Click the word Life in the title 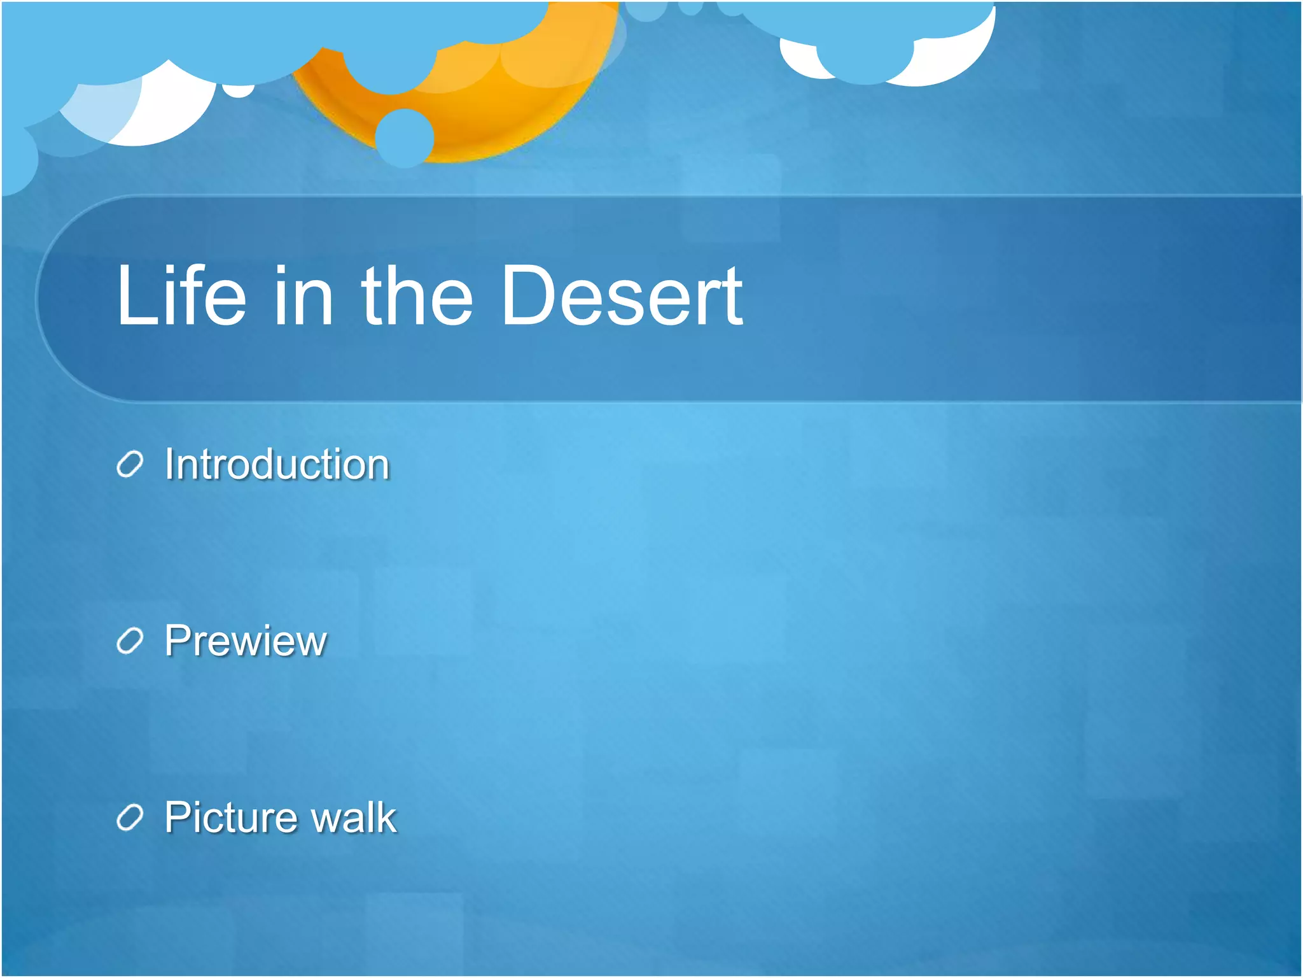click(x=181, y=296)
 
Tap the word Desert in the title click(x=622, y=296)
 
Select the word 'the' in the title click(x=417, y=296)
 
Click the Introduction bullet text click(x=277, y=464)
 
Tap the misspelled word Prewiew click(x=246, y=641)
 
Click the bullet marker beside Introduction click(x=130, y=465)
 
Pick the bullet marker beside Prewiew click(x=130, y=641)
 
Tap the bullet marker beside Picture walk click(x=130, y=818)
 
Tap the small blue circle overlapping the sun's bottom click(x=405, y=138)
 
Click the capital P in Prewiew click(x=178, y=641)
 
